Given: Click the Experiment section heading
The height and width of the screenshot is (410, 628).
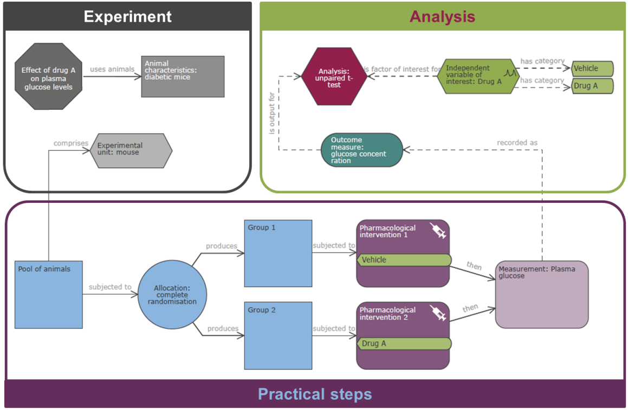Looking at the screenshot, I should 128,16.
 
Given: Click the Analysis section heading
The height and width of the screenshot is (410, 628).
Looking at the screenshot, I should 442,16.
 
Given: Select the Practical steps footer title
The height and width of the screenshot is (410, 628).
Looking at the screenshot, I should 315,394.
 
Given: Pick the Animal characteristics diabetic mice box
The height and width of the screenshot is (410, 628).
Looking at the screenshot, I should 183,76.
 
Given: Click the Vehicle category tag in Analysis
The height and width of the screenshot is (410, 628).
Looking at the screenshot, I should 592,69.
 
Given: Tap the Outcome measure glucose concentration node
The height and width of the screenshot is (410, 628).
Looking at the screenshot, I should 362,150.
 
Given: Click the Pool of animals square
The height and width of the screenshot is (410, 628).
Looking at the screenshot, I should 49,294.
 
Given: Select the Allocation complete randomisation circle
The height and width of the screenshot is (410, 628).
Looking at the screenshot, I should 172,295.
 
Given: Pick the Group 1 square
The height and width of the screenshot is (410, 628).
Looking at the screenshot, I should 278,253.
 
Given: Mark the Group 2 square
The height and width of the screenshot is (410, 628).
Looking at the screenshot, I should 278,335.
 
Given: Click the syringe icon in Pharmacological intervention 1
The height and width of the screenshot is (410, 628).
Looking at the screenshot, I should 438,230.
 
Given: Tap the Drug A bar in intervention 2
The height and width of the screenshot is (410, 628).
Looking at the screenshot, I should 404,343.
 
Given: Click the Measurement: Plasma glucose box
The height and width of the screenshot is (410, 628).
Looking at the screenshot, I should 542,294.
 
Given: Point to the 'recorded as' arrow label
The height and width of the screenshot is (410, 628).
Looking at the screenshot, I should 517,143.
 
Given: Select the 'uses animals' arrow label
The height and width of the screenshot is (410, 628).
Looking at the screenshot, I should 112,69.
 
